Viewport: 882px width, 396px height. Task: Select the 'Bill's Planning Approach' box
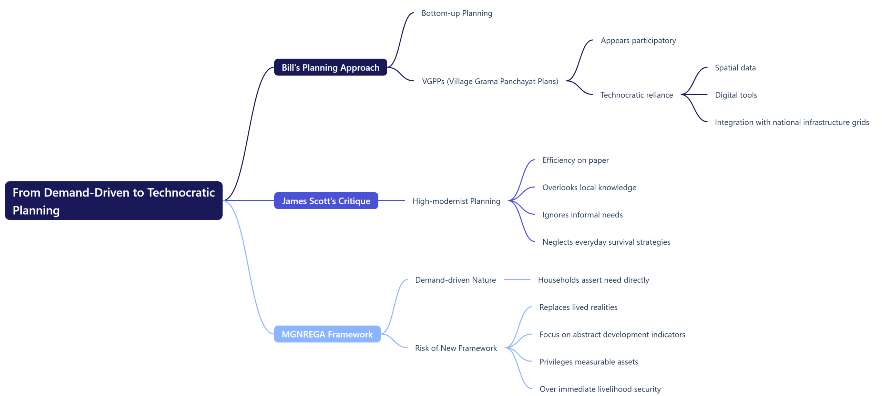point(330,67)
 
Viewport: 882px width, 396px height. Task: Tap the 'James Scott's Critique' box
point(326,201)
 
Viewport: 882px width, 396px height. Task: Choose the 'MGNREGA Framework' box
point(327,334)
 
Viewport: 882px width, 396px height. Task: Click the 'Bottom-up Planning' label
point(457,13)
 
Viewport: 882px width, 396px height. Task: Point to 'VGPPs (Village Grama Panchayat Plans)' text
point(490,81)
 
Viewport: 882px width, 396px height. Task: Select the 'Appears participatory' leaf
point(638,40)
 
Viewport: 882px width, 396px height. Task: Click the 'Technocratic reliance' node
point(636,95)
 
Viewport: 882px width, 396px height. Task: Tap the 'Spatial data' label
point(735,68)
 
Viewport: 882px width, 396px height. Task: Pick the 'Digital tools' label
point(736,95)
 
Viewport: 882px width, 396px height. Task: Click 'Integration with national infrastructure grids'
point(791,122)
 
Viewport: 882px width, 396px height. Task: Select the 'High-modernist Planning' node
point(456,201)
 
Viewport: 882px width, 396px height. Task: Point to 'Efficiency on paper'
point(575,160)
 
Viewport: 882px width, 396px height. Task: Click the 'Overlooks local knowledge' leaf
point(589,187)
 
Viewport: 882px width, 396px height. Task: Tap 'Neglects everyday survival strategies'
point(606,242)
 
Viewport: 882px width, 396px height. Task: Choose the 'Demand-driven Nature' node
point(455,280)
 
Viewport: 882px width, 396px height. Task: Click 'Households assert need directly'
point(593,280)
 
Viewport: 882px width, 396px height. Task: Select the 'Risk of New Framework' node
point(455,348)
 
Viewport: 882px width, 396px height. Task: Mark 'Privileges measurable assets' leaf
point(588,362)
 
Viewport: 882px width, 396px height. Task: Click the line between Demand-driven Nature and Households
point(516,280)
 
